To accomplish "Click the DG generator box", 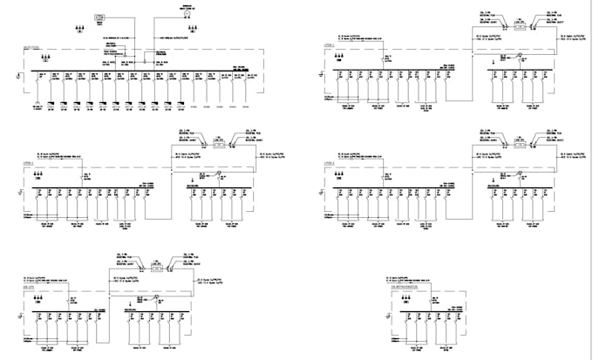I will (99, 17).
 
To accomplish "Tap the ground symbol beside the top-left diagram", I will (17, 78).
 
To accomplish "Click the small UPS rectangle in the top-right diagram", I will (521, 27).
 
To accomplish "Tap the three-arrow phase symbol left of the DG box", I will (80, 28).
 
